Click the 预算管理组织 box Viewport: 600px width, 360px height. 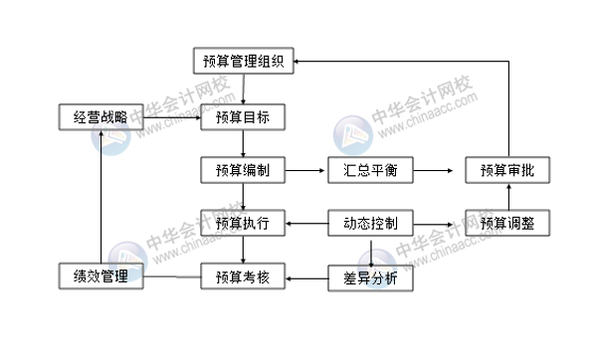[x=243, y=62]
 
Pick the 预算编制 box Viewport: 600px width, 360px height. [x=243, y=171]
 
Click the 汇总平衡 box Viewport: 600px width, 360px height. [x=369, y=171]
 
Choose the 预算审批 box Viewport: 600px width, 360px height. [x=506, y=171]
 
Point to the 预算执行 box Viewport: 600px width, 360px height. [x=243, y=224]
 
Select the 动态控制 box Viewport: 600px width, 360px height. [x=369, y=224]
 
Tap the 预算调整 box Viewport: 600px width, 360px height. [x=506, y=224]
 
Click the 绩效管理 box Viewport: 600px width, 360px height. [x=100, y=276]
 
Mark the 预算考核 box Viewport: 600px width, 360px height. [x=243, y=276]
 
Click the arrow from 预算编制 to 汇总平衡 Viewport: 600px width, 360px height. [x=306, y=171]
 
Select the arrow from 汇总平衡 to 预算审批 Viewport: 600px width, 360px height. [x=438, y=171]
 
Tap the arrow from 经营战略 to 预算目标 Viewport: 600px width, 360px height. [x=171, y=119]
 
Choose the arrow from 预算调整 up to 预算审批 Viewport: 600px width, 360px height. [x=506, y=197]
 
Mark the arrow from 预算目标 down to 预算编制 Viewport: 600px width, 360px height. [x=243, y=144]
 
